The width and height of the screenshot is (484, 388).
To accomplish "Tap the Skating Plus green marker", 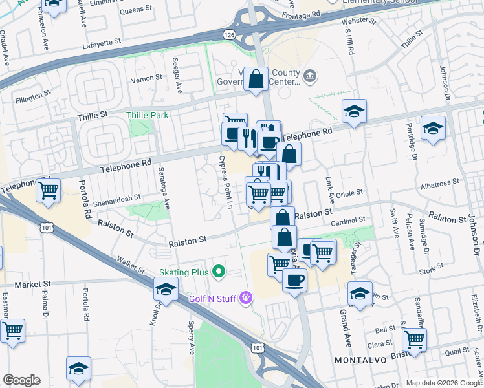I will (219, 272).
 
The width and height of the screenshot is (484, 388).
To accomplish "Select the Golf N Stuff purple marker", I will (245, 297).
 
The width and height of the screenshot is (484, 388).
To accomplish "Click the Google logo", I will (21, 380).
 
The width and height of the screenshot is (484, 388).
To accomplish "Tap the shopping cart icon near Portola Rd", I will (49, 191).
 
